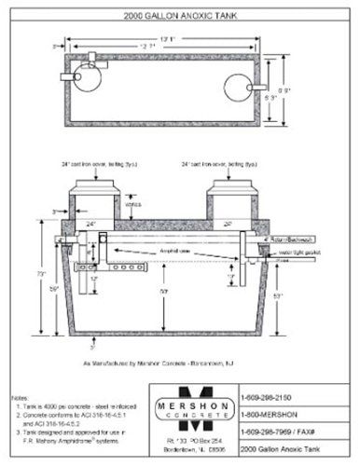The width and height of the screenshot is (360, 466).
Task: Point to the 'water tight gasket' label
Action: (x=288, y=251)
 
